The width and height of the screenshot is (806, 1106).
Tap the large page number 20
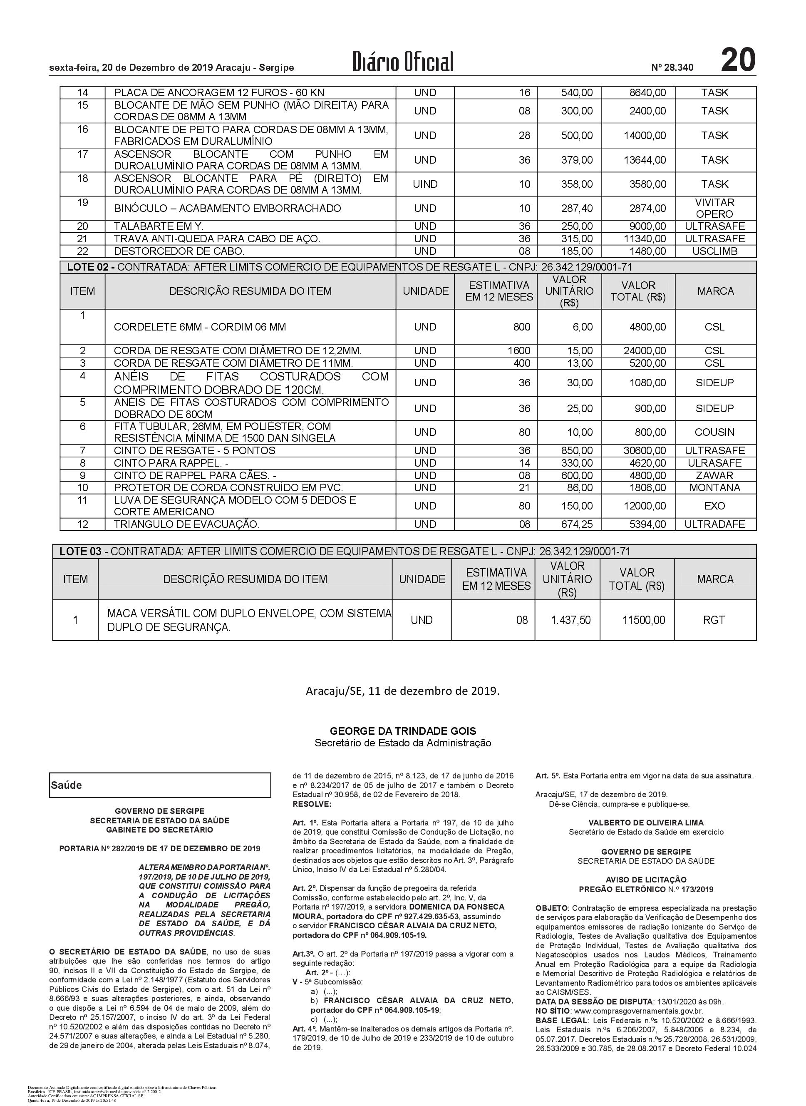coord(738,60)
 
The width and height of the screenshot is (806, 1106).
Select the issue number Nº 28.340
coord(672,68)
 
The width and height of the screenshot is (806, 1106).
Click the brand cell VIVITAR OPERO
coord(714,209)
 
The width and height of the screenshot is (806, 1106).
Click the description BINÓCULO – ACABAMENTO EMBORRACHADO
coord(227,209)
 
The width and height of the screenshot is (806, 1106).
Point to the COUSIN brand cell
coord(714,432)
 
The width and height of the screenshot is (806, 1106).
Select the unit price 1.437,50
coord(570,620)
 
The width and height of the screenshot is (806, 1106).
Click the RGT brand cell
coord(714,620)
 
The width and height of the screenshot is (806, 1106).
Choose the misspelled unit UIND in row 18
coord(425,184)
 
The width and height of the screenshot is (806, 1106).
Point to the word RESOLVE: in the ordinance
coord(312,803)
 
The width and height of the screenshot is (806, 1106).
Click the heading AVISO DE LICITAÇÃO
coord(645,880)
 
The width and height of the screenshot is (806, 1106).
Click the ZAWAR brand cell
coord(714,475)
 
